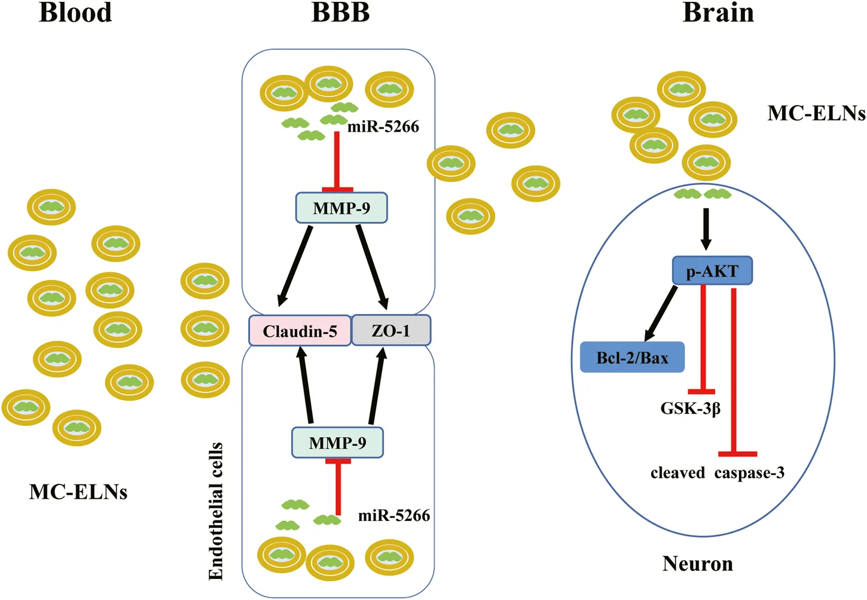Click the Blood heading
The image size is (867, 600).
pos(75,13)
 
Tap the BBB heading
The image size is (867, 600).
pos(340,13)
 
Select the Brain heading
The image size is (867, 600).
pos(718,13)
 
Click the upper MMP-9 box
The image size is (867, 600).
pos(341,208)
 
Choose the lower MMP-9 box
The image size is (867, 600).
pos(337,443)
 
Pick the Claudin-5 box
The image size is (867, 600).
pos(300,331)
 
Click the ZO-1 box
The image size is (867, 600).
pos(391,330)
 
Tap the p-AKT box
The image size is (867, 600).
pos(712,271)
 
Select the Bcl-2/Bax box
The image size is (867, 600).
pos(632,358)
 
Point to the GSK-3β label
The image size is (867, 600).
pos(690,409)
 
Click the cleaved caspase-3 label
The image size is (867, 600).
pos(718,473)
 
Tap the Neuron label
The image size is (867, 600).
pos(697,564)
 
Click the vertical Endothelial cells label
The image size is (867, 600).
pos(216,511)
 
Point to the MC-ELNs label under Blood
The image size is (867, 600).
pos(78,492)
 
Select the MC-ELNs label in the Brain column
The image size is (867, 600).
pos(816,113)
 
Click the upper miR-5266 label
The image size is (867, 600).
pos(383,127)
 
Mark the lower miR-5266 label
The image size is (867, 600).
pos(394,516)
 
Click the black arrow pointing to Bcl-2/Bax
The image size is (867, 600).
pos(661,314)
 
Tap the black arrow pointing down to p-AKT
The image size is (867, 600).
pos(706,229)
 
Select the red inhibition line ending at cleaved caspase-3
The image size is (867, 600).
pos(734,371)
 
